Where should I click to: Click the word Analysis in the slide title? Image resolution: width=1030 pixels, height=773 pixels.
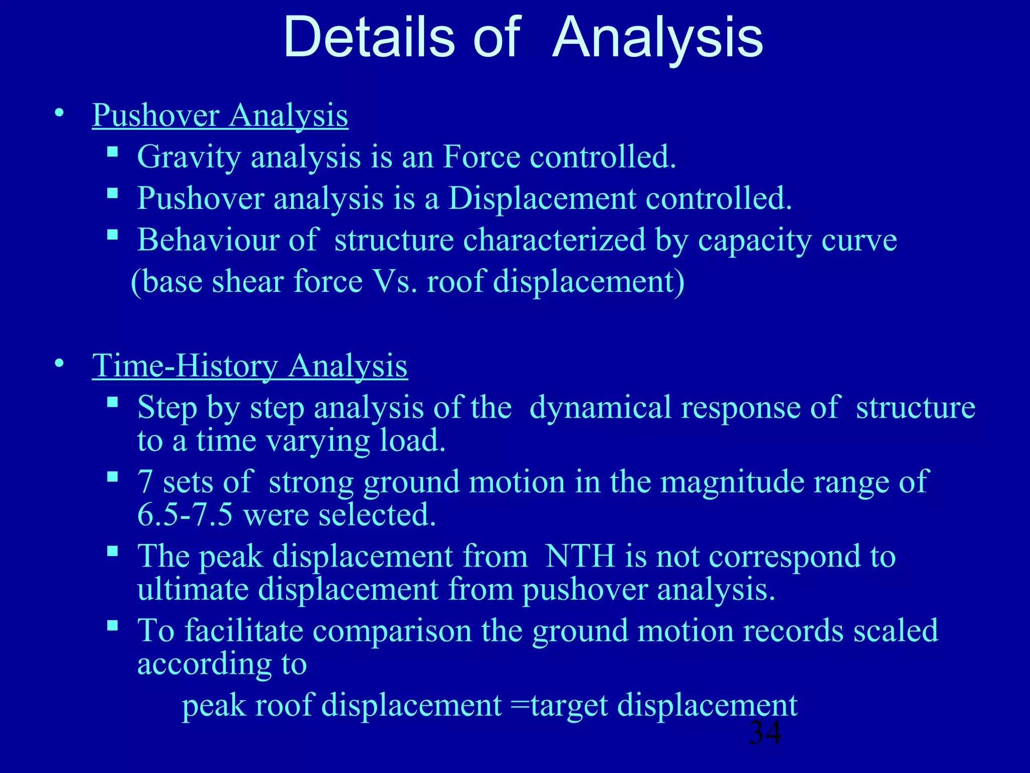[658, 38]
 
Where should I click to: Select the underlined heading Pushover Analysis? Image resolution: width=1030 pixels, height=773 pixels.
[220, 115]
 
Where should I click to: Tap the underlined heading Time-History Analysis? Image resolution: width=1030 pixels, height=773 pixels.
[249, 365]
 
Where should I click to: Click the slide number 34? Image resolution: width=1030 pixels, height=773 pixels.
[765, 733]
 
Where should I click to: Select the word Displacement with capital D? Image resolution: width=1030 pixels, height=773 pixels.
[542, 198]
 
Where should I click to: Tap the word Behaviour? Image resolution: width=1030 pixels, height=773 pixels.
[207, 240]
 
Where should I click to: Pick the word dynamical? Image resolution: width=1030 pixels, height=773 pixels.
[600, 407]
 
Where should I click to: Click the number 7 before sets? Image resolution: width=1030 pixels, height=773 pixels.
[145, 482]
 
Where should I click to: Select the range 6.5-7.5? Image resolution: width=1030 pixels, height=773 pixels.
[185, 515]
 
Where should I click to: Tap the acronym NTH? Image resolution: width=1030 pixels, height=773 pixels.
[580, 556]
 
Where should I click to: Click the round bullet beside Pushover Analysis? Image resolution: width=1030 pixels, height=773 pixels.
[60, 113]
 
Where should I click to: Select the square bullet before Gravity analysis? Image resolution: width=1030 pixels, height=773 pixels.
[113, 151]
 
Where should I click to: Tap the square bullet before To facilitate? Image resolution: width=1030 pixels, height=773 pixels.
[113, 626]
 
